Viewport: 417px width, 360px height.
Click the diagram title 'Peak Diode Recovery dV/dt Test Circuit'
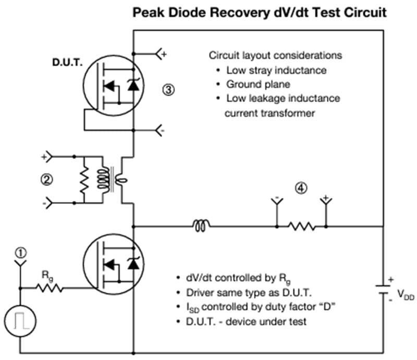click(259, 12)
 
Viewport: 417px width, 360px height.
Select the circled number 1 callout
click(20, 253)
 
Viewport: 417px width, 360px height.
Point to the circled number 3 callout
click(168, 90)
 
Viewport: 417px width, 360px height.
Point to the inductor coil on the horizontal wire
click(201, 226)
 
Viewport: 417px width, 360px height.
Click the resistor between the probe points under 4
click(301, 226)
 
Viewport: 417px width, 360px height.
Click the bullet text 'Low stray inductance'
click(269, 70)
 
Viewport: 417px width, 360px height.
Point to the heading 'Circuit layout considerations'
click(275, 55)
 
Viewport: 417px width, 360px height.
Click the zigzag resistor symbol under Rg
click(49, 288)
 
